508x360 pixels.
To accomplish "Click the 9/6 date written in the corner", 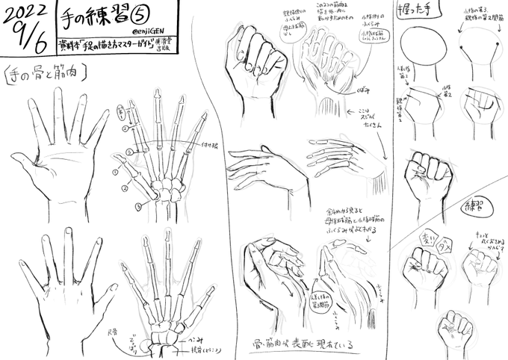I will [29, 45].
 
